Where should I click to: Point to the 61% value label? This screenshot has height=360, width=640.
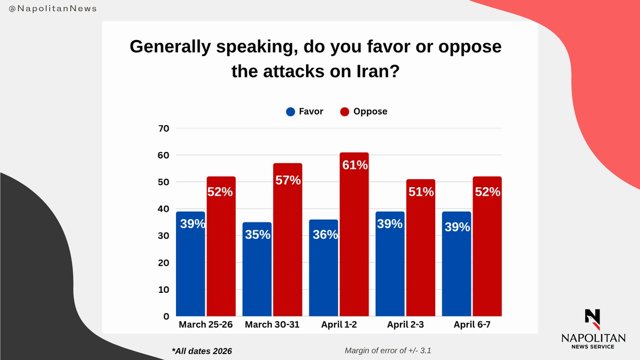(354, 165)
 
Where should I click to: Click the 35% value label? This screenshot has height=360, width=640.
(257, 234)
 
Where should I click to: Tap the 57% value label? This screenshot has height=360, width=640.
(287, 180)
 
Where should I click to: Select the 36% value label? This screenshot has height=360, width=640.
(324, 234)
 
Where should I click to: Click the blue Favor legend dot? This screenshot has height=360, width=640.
(291, 112)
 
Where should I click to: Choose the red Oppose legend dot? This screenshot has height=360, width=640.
(345, 112)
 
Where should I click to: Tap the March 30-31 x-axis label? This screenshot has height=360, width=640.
(273, 324)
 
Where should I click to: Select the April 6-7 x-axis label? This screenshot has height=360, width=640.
(472, 324)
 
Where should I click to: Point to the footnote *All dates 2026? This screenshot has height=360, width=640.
(202, 351)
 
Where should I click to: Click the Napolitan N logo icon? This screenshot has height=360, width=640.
(593, 318)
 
